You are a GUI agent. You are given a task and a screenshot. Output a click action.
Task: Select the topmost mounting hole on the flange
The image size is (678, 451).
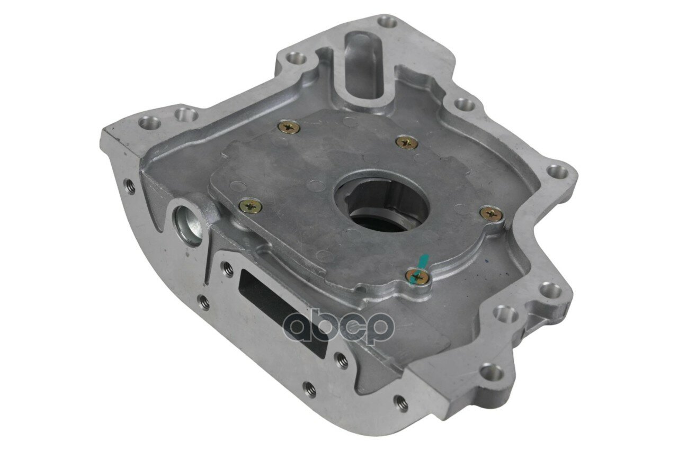click(x=387, y=22)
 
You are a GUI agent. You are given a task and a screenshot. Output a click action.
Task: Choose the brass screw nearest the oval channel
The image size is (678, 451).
click(x=289, y=128)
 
